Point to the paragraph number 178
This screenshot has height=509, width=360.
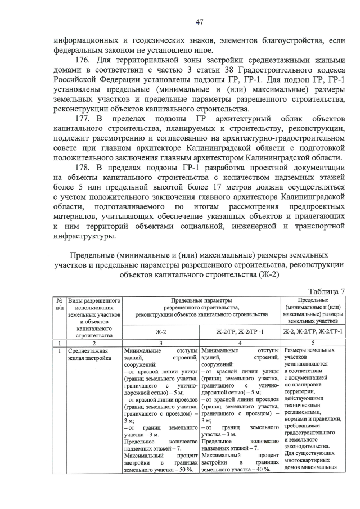[83, 167]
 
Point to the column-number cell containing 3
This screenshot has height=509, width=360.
[160, 343]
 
